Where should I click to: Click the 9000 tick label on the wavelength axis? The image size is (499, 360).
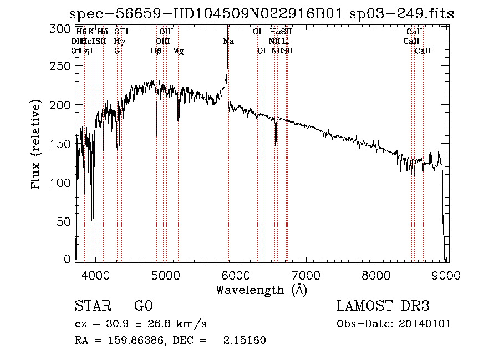[x=448, y=275]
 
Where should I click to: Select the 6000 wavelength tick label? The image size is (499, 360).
[x=236, y=275]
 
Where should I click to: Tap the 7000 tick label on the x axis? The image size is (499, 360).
[x=307, y=275]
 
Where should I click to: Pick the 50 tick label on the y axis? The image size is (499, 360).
[x=65, y=221]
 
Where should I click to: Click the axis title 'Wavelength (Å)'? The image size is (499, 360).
[x=261, y=290]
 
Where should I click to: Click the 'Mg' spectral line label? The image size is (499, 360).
[x=178, y=51]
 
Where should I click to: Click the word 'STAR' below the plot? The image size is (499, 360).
[x=92, y=307]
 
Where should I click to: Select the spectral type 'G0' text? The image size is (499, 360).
[x=143, y=307]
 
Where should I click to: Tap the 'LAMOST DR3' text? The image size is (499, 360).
[x=383, y=307]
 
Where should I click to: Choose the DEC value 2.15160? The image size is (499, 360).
[x=244, y=341]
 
